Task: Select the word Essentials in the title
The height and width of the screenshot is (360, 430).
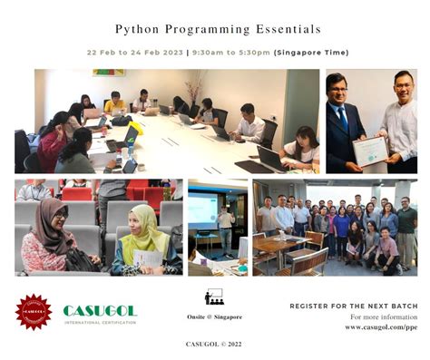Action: pos(286,29)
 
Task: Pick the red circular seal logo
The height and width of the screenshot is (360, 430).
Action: pos(34,311)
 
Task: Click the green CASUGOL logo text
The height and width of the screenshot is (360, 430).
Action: pos(100,311)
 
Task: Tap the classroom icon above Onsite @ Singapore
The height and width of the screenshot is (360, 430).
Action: pos(214,297)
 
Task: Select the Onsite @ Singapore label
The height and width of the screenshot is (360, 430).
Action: pos(215,316)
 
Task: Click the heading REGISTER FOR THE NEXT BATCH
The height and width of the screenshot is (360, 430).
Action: pos(354,306)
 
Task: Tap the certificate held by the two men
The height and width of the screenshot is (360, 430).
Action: pos(370,150)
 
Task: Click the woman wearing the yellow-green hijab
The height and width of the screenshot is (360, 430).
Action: pos(145,238)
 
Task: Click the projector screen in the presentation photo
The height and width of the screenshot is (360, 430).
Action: pos(202,209)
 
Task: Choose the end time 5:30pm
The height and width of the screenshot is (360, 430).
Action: pos(252,53)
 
